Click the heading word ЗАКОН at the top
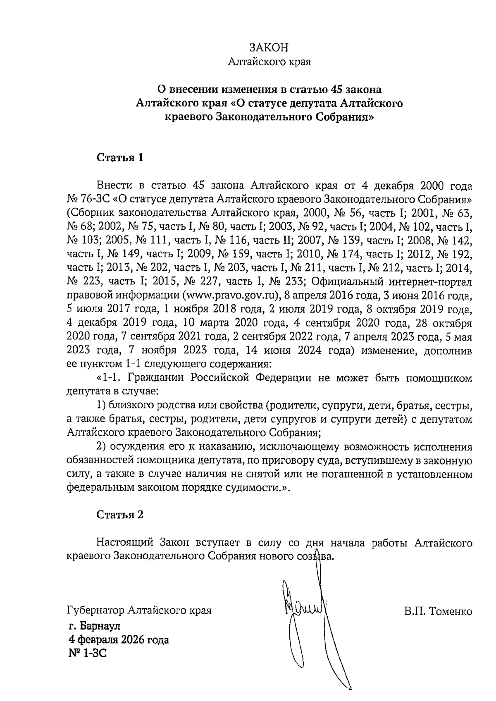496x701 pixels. point(269,48)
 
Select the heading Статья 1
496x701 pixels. point(120,157)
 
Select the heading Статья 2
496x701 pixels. point(120,515)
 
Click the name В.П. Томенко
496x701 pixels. point(438,611)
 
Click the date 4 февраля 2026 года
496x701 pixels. point(119,640)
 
